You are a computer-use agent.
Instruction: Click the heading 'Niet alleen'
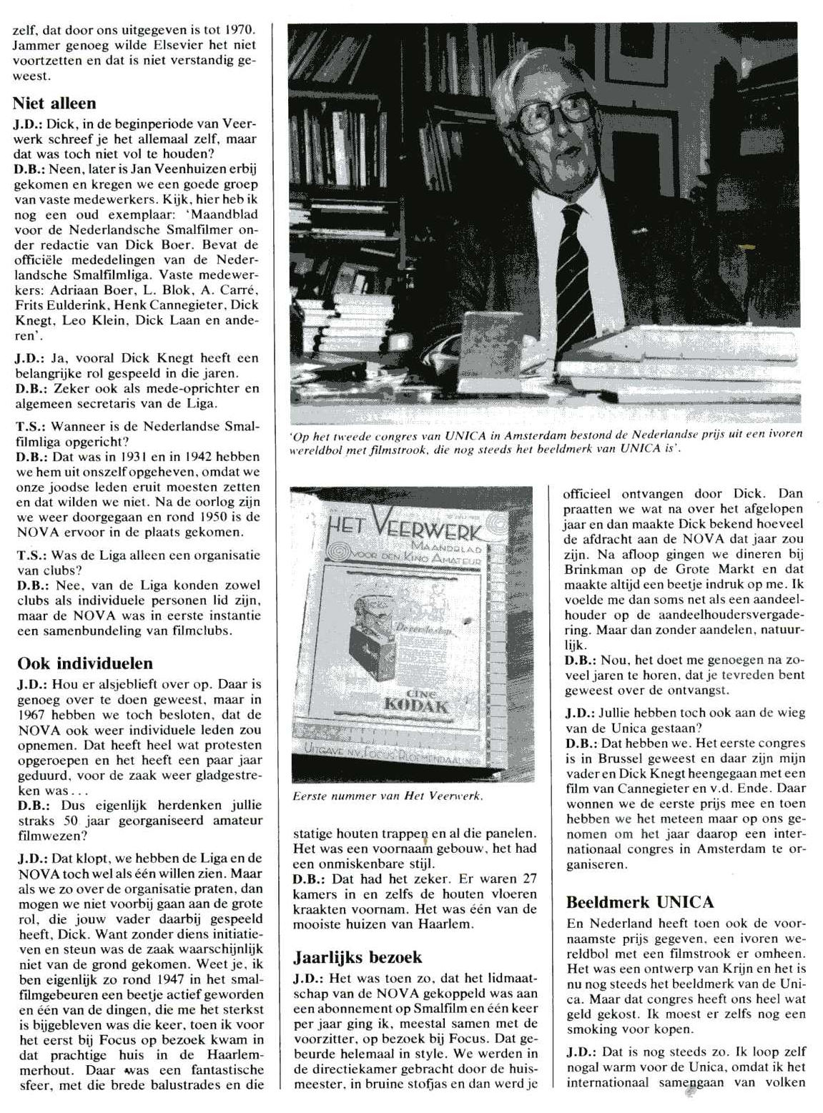[54, 104]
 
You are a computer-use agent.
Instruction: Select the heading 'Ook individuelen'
[85, 663]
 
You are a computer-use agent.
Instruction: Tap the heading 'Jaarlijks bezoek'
[358, 957]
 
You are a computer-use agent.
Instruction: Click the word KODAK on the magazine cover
[416, 706]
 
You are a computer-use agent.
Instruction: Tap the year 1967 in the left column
[31, 715]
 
